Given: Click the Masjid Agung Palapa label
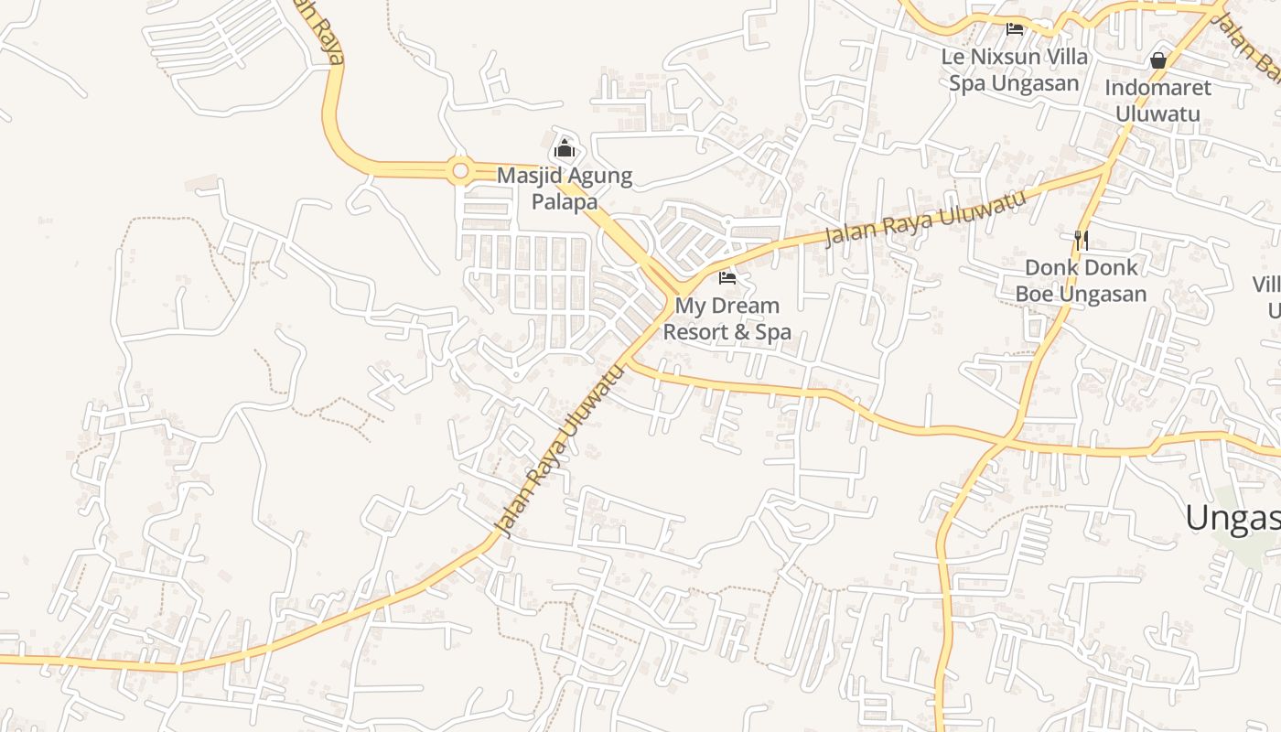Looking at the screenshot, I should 565,188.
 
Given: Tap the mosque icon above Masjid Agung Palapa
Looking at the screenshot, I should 565,148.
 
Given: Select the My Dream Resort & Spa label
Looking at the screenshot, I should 727,318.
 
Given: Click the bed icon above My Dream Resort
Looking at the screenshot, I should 727,277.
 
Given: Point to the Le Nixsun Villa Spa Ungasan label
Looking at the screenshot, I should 1015,70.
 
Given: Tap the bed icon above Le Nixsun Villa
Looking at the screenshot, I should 1015,29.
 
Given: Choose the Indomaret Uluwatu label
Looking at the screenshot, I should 1157,101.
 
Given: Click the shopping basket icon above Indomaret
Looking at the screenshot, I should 1157,60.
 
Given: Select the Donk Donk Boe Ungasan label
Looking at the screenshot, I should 1081,280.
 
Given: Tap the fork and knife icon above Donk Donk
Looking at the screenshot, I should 1081,240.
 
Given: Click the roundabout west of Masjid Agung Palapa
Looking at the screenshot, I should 460,170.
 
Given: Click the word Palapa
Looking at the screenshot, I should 565,202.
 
